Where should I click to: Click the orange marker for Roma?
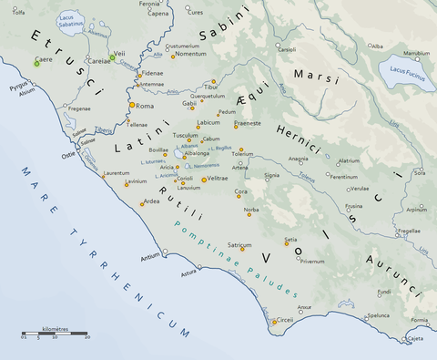tap(131, 106)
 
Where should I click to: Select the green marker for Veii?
tap(112, 57)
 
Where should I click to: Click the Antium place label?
tap(149, 257)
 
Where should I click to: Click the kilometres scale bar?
tap(55, 334)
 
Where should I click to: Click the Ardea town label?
tap(152, 201)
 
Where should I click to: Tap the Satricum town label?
tap(239, 245)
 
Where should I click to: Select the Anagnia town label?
tap(298, 159)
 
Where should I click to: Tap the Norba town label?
tap(251, 210)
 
